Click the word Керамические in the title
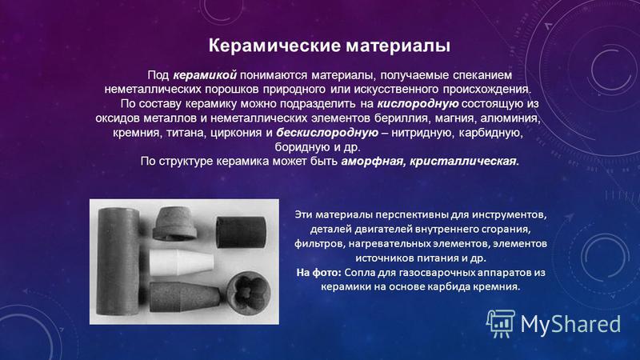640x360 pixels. tap(274, 46)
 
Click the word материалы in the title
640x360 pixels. tap(398, 46)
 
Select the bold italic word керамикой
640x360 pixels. tap(205, 75)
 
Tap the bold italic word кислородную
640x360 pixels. tap(418, 104)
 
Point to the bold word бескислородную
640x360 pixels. tap(327, 133)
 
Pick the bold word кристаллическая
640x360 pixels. tap(463, 162)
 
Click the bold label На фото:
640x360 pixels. tap(318, 272)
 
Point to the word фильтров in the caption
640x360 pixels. tap(314, 244)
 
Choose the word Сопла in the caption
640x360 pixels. tap(356, 272)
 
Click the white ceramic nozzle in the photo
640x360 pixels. tap(181, 262)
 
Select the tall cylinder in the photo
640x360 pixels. tap(118, 262)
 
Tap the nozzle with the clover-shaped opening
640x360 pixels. tap(248, 292)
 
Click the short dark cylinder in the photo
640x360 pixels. tap(241, 232)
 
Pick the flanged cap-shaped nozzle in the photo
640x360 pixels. tap(174, 224)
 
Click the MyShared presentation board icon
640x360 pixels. tap(501, 323)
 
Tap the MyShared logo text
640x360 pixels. tap(570, 324)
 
